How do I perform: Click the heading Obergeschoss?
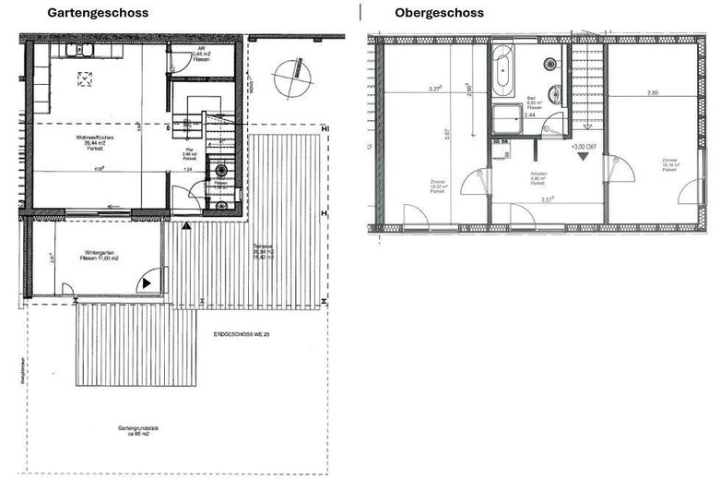[x=439, y=13]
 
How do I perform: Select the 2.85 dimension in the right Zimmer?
[x=653, y=92]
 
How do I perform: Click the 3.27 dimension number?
[x=435, y=90]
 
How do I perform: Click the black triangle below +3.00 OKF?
[x=583, y=157]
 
